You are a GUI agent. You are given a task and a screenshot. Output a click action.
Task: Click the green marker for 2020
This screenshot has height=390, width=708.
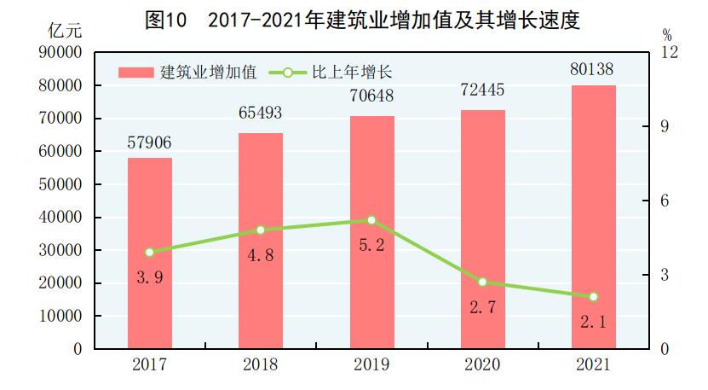482,282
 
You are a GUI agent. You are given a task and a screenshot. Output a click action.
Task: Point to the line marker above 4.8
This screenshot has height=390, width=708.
261,230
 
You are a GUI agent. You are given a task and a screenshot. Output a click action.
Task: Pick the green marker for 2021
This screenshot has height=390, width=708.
593,297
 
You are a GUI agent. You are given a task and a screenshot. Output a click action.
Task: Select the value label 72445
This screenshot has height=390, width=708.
482,96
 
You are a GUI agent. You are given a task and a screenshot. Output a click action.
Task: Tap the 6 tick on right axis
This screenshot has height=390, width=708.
665,201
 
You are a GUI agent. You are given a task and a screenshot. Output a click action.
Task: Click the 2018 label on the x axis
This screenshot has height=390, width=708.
261,365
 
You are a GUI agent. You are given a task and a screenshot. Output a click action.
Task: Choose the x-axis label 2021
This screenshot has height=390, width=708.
593,365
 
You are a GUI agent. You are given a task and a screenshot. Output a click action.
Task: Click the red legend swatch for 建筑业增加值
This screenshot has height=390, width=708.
135,72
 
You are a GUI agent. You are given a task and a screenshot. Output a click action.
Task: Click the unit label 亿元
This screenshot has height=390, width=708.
65,32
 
